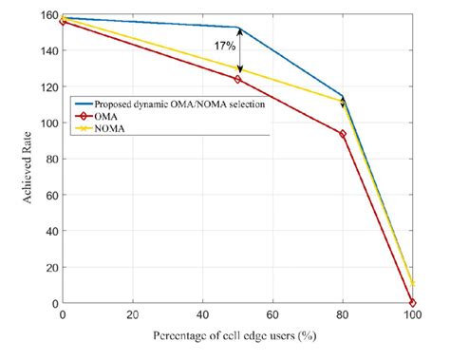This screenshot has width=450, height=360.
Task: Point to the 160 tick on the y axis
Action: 46,17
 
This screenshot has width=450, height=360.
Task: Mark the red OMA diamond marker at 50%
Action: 238,80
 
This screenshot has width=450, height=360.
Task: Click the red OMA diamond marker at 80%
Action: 343,134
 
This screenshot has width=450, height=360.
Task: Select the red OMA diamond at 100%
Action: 413,302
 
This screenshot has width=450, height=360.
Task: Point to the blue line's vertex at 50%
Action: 238,28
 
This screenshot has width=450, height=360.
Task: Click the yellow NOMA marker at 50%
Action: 238,68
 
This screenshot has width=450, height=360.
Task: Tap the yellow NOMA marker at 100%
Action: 413,283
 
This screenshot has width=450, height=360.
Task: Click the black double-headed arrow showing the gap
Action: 239,49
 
